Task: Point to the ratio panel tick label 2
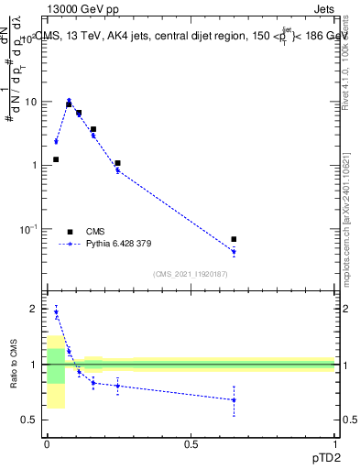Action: point(34,309)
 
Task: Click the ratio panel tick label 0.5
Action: point(29,420)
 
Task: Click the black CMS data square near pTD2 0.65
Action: point(234,239)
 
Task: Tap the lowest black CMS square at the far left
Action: point(56,159)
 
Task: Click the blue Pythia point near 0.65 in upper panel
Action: point(234,251)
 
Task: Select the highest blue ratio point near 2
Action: point(56,312)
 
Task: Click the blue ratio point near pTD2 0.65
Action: point(234,400)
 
